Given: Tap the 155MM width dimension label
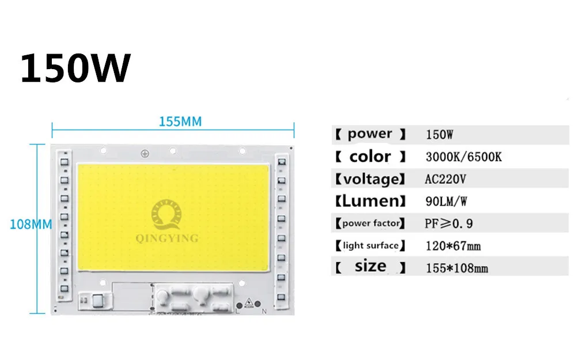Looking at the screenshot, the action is click(180, 122).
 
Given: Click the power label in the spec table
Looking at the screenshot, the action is click(370, 134).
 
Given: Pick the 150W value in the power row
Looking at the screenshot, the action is click(439, 135).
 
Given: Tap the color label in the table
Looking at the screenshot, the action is click(370, 156).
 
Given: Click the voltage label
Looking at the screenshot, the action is click(370, 179).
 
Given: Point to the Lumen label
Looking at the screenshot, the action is click(370, 201).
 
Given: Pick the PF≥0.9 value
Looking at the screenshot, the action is click(449, 223).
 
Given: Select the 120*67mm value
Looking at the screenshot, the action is click(453, 246).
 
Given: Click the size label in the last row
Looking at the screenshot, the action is click(370, 267).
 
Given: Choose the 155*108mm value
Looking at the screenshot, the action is click(457, 268).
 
